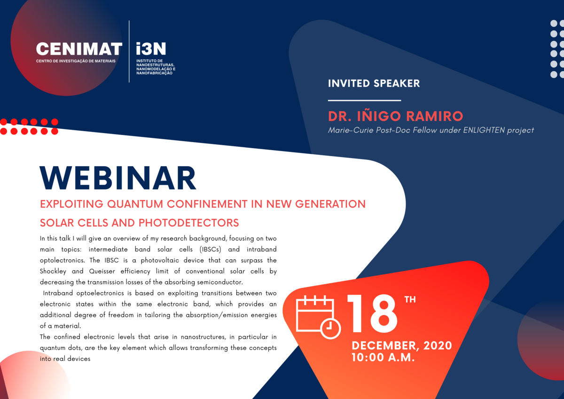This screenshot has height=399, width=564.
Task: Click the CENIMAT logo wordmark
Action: tap(79, 48)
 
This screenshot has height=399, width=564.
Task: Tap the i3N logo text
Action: tap(151, 48)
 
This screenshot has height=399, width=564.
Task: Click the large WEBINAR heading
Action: tap(118, 178)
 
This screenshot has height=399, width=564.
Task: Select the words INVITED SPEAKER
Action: tap(374, 83)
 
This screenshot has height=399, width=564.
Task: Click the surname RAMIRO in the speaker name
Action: tap(435, 116)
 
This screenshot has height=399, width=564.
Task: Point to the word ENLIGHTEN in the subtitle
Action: tap(484, 130)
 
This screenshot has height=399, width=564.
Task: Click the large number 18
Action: tap(372, 314)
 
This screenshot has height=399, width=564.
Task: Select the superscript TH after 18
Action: tap(410, 300)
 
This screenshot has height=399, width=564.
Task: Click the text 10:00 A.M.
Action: tap(383, 358)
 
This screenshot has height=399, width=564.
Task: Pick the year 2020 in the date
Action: tap(438, 345)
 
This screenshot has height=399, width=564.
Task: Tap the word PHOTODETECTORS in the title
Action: tap(188, 223)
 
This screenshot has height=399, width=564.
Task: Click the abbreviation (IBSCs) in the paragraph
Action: tap(210, 249)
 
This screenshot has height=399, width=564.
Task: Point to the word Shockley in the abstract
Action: tap(53, 271)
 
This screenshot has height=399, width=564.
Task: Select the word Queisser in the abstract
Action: tap(102, 271)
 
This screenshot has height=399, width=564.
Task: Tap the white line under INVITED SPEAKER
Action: tap(364, 100)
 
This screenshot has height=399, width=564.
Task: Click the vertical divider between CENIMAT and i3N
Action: tap(129, 51)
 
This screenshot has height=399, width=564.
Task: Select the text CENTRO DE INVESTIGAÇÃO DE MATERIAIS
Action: tap(76, 61)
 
